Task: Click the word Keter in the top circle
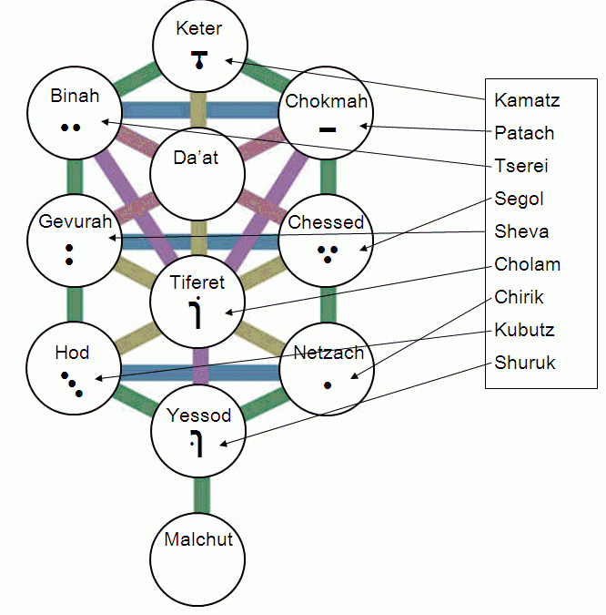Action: pyautogui.click(x=199, y=28)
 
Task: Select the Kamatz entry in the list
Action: pyautogui.click(x=527, y=99)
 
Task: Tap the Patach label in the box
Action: pyautogui.click(x=524, y=133)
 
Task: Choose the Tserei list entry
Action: pyautogui.click(x=521, y=166)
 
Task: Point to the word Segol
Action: pyautogui.click(x=519, y=199)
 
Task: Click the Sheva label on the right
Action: pyautogui.click(x=521, y=231)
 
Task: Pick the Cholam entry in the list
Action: pyautogui.click(x=527, y=265)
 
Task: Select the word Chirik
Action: pyautogui.click(x=519, y=298)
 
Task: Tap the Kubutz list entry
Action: pyautogui.click(x=524, y=330)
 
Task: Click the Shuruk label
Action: pyautogui.click(x=524, y=363)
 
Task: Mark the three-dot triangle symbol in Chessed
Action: pyautogui.click(x=328, y=251)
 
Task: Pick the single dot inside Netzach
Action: pyautogui.click(x=328, y=384)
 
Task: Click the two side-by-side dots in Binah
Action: pyautogui.click(x=71, y=128)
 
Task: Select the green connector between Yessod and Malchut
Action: pyautogui.click(x=201, y=493)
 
